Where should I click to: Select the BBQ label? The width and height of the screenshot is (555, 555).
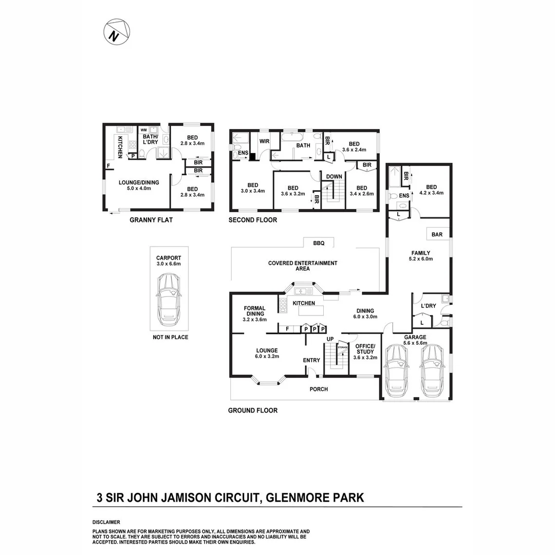tap(312, 242)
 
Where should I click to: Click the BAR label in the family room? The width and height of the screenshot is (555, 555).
tap(437, 234)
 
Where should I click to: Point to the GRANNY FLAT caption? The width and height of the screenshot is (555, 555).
tap(151, 220)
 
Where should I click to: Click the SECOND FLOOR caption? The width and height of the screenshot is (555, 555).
tap(253, 220)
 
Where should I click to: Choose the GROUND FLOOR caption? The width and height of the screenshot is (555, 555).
tap(253, 410)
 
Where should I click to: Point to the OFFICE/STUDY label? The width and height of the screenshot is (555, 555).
tap(365, 348)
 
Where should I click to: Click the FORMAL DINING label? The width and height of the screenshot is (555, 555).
tap(254, 311)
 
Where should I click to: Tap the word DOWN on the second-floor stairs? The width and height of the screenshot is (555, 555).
tap(334, 176)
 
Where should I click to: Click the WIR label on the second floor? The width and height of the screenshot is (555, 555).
tap(265, 140)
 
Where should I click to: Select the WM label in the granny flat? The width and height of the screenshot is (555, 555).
tap(143, 130)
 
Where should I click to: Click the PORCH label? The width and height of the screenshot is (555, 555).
tap(319, 389)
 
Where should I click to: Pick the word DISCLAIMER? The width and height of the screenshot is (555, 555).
tap(106, 522)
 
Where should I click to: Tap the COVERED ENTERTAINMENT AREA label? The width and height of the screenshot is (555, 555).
tap(303, 266)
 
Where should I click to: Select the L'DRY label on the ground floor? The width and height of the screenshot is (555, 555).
tap(428, 306)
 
